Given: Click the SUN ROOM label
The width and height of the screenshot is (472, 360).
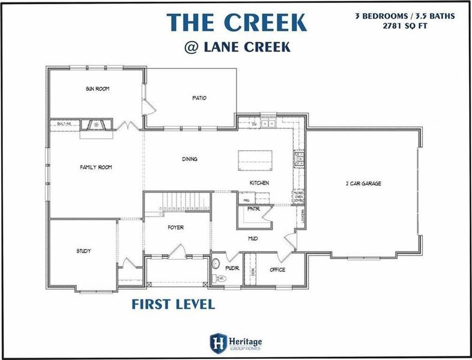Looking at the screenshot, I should pyautogui.click(x=97, y=89).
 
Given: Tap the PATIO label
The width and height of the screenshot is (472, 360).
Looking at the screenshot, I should pyautogui.click(x=199, y=98).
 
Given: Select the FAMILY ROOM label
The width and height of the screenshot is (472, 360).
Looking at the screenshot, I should pyautogui.click(x=96, y=167).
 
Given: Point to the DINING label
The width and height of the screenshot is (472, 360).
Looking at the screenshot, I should pyautogui.click(x=190, y=159).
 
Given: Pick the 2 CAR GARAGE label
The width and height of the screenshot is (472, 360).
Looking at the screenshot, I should pyautogui.click(x=363, y=184).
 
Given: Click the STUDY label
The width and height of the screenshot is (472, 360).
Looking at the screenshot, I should pyautogui.click(x=83, y=251).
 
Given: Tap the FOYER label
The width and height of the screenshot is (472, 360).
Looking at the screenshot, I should pyautogui.click(x=175, y=228).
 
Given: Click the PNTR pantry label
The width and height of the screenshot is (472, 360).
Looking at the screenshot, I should pyautogui.click(x=253, y=209).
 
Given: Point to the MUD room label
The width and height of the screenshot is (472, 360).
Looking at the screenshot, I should pyautogui.click(x=253, y=238).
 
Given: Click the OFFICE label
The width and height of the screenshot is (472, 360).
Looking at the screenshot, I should pyautogui.click(x=277, y=270).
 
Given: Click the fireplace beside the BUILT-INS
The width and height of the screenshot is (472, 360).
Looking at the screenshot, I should pyautogui.click(x=95, y=124).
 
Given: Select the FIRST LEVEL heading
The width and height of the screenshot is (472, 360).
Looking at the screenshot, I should pyautogui.click(x=173, y=304).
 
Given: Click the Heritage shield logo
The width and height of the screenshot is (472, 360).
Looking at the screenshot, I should pyautogui.click(x=217, y=343).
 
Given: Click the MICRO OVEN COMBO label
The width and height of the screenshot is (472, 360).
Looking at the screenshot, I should pyautogui.click(x=298, y=197).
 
